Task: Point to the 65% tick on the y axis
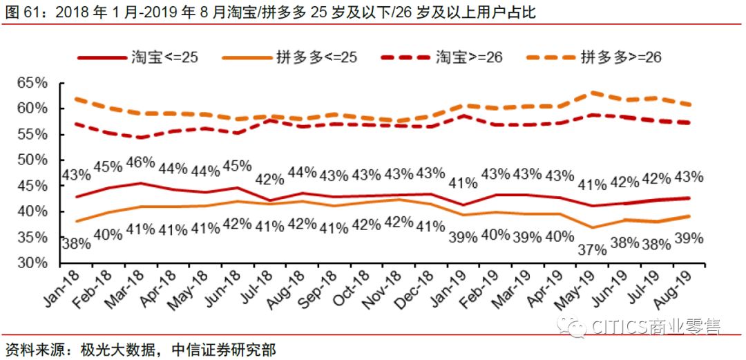[x=32, y=83]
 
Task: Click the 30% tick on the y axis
[x=32, y=263]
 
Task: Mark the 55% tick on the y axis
[x=32, y=135]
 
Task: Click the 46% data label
[x=140, y=164]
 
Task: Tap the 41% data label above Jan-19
[x=462, y=183]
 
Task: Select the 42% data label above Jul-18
[x=269, y=179]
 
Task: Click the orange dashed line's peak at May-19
[x=591, y=92]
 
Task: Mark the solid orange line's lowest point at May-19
[x=591, y=227]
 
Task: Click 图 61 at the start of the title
[x=17, y=12]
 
